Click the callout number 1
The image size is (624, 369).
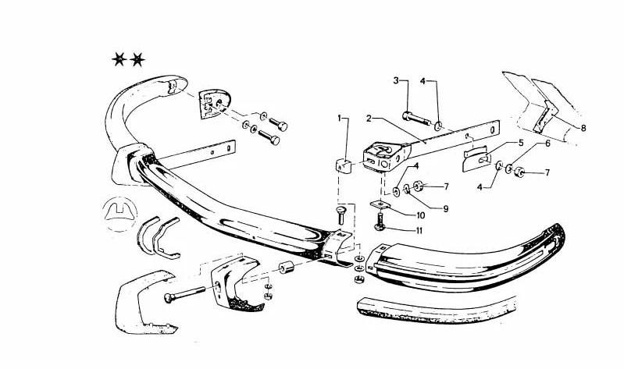340,118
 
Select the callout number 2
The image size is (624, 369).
369,119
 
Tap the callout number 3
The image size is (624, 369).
396,80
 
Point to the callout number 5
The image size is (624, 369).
521,142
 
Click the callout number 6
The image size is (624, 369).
547,143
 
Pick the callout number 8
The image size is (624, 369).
583,128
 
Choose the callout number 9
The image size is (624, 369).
446,208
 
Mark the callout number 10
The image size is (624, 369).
421,215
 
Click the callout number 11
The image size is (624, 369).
419,231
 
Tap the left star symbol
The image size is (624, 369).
119,59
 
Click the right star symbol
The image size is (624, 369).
137,59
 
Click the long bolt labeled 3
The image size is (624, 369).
416,118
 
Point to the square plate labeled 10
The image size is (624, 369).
380,205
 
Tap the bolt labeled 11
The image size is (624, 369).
380,222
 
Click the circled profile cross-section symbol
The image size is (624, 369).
119,215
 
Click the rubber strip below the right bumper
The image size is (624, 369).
437,310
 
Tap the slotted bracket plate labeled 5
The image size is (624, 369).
476,158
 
